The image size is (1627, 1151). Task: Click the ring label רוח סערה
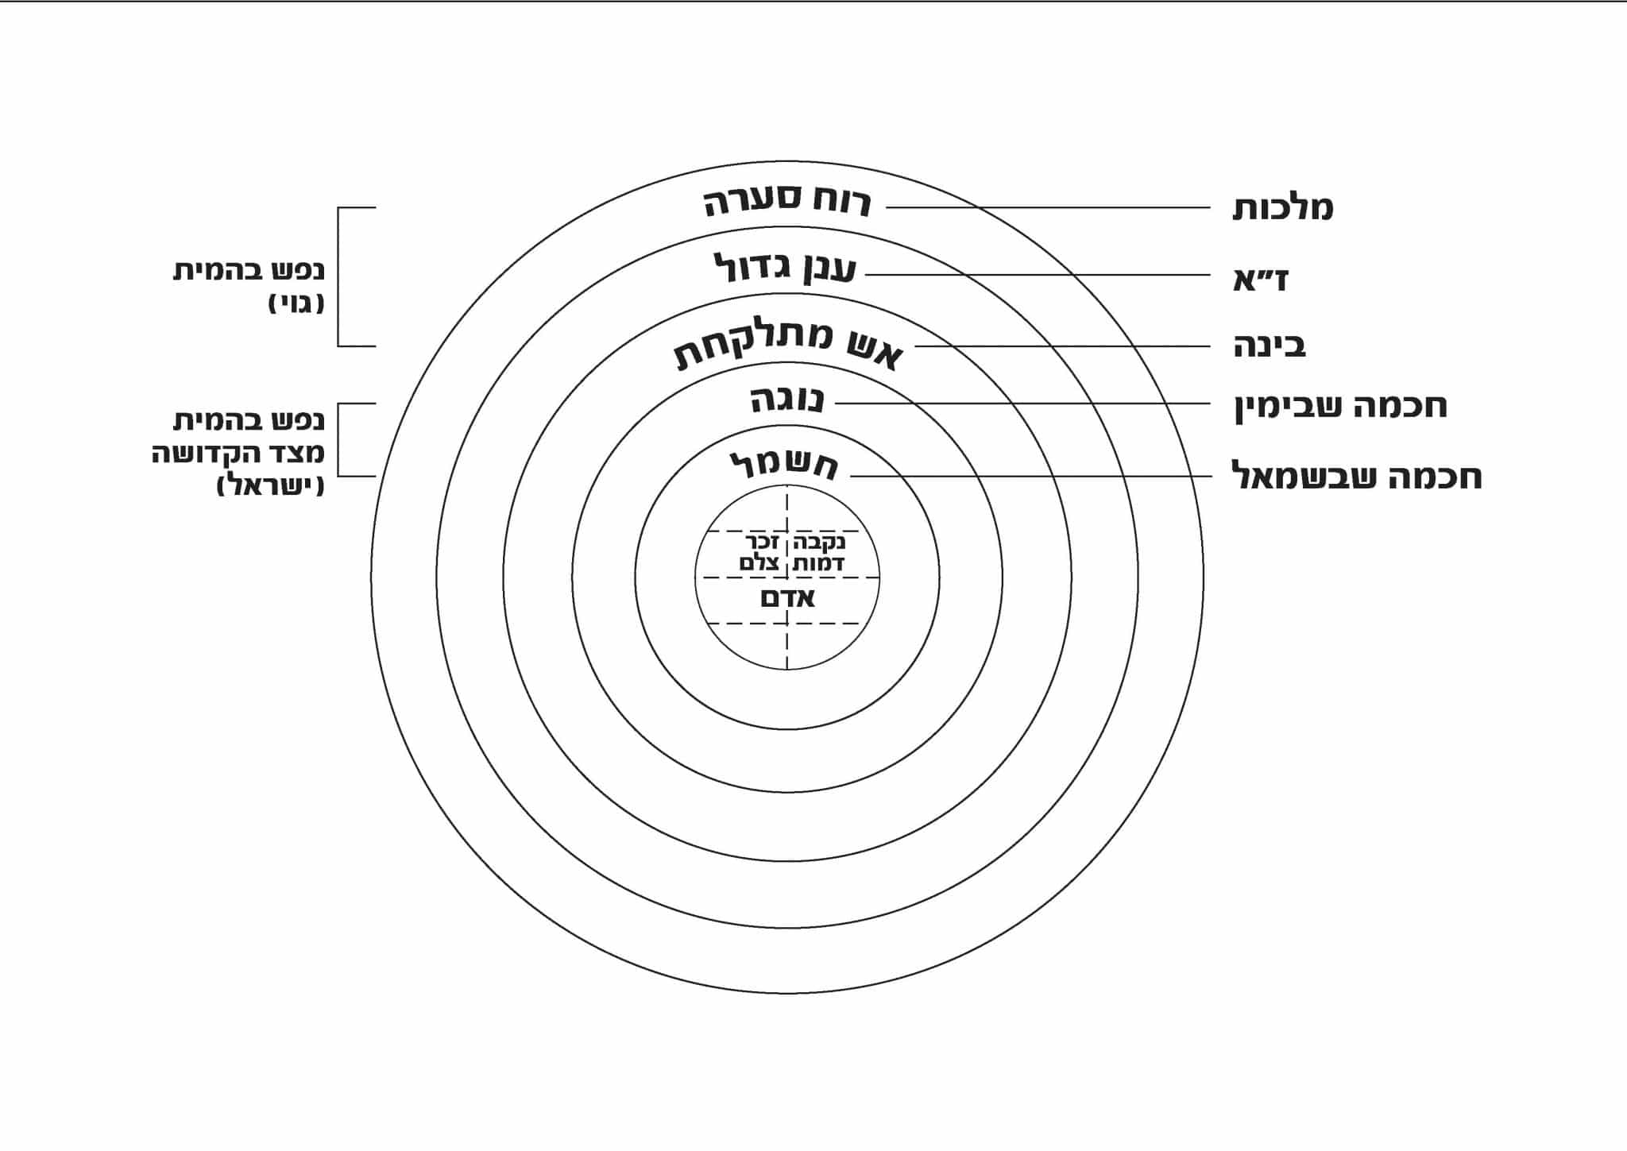(787, 203)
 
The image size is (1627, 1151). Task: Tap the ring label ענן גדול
(785, 268)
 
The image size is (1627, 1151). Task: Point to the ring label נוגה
(787, 400)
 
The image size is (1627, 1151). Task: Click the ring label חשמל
(783, 465)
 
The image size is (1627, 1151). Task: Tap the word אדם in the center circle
(787, 598)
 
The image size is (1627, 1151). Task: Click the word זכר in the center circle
(761, 543)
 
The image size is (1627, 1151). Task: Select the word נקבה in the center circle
(819, 543)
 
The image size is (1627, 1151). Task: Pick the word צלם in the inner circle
(759, 563)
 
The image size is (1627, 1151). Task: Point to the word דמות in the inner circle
(818, 563)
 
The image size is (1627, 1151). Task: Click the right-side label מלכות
(1282, 208)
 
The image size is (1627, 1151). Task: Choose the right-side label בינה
(1270, 346)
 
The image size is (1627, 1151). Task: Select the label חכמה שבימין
(1340, 406)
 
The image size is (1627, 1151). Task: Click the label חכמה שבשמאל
(1357, 477)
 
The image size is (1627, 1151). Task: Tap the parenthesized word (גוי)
(296, 303)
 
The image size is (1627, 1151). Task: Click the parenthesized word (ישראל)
(270, 485)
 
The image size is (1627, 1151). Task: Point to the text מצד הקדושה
(238, 453)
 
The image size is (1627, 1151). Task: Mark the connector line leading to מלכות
(1049, 208)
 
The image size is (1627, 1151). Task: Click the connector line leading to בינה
(1065, 346)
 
